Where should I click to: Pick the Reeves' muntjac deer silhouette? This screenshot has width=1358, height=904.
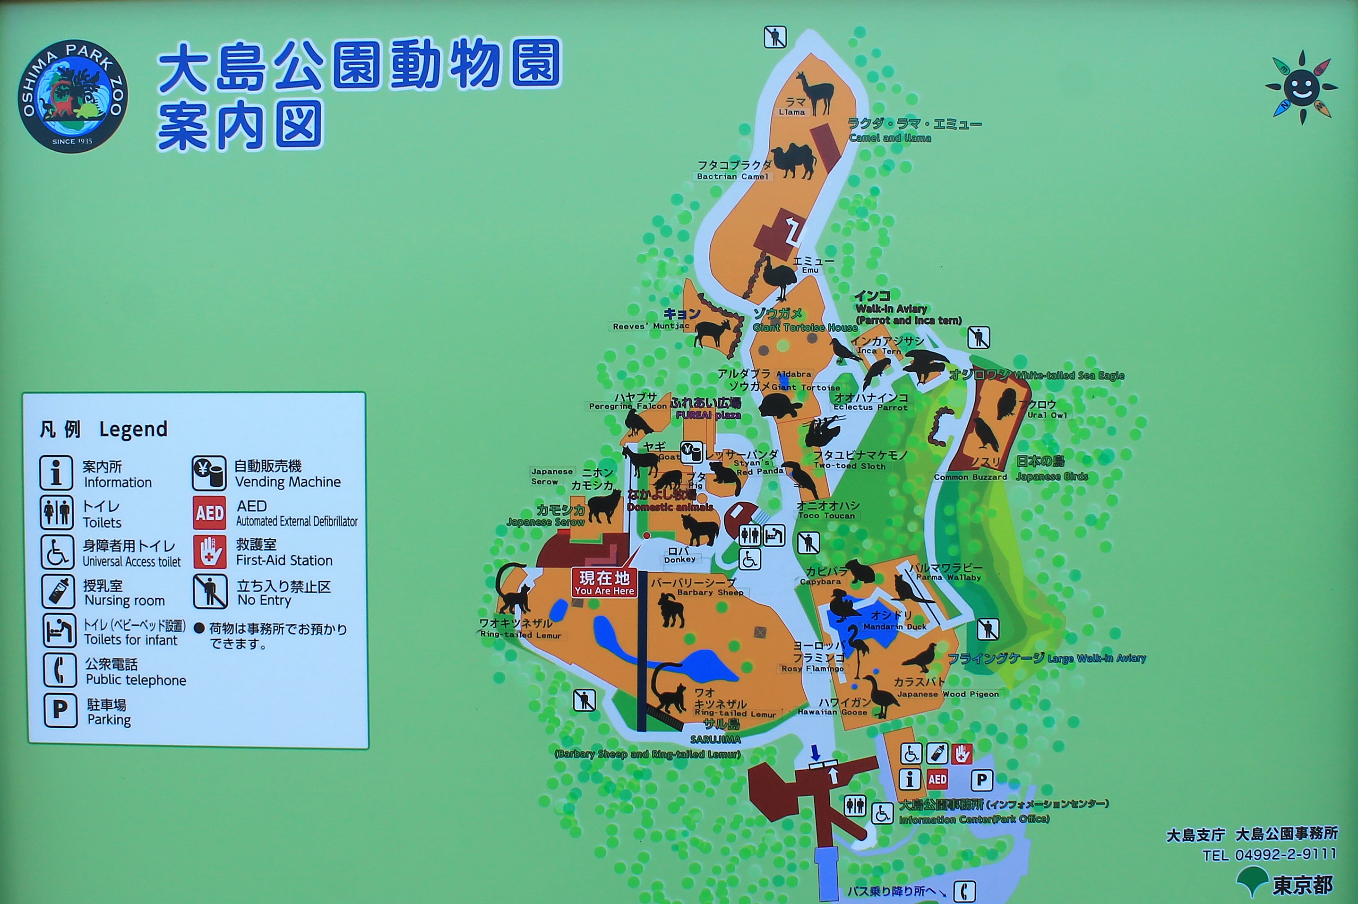pos(712,333)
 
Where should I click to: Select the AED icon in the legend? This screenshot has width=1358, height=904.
pos(209,513)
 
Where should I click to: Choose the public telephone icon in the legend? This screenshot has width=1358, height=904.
pos(60,671)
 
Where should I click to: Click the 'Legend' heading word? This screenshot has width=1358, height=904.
pos(133,430)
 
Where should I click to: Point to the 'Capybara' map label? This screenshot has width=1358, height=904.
pos(820,582)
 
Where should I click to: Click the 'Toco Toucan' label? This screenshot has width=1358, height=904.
pos(826,516)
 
